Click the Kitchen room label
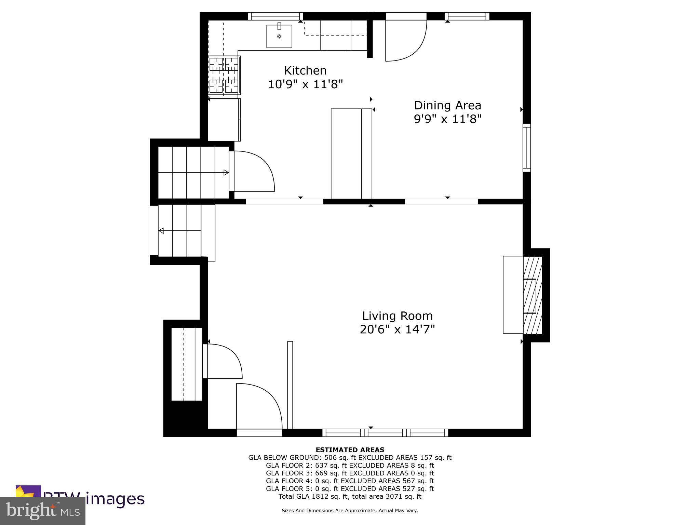coord(305,71)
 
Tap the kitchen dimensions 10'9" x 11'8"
coord(305,84)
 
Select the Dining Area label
coord(447,105)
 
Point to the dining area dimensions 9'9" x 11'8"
coord(447,119)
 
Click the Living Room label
coord(397,316)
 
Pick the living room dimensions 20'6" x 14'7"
coord(397,329)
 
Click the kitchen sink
coord(279,36)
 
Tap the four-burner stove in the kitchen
coord(224,75)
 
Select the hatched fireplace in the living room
coord(532,295)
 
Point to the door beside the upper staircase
coord(253,171)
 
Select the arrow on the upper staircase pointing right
coord(226,173)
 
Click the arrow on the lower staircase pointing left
coord(161,231)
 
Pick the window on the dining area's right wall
coord(527,148)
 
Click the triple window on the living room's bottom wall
coord(385,433)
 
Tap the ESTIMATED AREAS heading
coord(350,450)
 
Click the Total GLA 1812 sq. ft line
coord(350,497)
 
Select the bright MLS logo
coord(43,511)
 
